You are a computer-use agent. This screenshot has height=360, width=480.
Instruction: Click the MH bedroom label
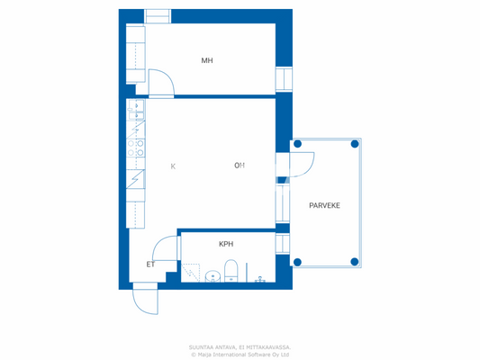coord(207,61)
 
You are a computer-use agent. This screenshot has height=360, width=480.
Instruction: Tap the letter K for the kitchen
coord(173,166)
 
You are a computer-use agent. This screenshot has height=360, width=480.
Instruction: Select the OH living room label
coord(240,166)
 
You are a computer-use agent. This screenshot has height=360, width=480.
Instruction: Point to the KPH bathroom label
coord(226,245)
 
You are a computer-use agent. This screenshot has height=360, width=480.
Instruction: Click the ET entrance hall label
coord(150,265)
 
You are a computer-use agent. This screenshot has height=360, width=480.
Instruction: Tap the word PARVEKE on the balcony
coord(324,206)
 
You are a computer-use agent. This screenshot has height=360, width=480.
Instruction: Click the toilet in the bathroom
coord(231,269)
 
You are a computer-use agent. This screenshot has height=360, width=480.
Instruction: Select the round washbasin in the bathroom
coord(213,274)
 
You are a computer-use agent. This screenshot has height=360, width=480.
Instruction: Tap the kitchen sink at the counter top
coord(137,112)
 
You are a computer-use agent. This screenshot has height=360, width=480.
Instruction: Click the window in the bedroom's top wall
coord(158,16)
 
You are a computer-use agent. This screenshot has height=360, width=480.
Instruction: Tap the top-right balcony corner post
coord(355,144)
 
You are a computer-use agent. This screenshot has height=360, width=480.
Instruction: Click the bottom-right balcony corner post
coord(355,262)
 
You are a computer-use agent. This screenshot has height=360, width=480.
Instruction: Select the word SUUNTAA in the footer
coord(203,346)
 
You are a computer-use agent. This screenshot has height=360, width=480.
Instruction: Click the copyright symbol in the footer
coord(193,354)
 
